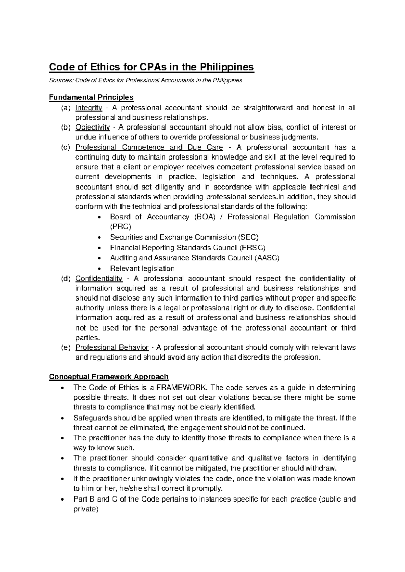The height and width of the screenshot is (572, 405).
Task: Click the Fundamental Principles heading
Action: click(91, 97)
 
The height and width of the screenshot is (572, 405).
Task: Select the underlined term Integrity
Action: click(88, 108)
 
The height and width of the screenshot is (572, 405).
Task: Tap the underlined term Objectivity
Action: click(92, 127)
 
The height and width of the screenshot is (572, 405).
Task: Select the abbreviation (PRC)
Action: click(121, 227)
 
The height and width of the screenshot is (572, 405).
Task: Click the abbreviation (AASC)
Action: click(267, 258)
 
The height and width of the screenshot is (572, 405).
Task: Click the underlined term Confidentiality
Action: click(99, 279)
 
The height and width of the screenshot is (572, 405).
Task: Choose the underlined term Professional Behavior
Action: click(112, 347)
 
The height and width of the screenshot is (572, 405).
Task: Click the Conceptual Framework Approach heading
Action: click(109, 377)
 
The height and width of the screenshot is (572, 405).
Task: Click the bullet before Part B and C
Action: click(61, 499)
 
